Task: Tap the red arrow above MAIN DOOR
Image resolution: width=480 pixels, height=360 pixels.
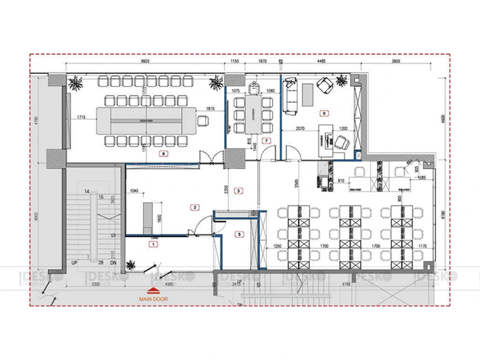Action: (x=152, y=290)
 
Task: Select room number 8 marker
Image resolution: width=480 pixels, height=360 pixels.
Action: (x=165, y=154)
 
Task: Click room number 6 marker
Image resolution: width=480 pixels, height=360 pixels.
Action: (x=324, y=114)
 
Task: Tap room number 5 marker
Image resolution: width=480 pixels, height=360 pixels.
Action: (x=240, y=234)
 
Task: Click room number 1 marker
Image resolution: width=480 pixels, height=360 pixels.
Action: (x=153, y=244)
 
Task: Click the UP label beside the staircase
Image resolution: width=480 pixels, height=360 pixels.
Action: (x=75, y=264)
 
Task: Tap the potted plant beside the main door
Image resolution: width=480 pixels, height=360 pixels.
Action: (x=130, y=264)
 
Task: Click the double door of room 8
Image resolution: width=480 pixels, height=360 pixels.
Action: (x=212, y=158)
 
